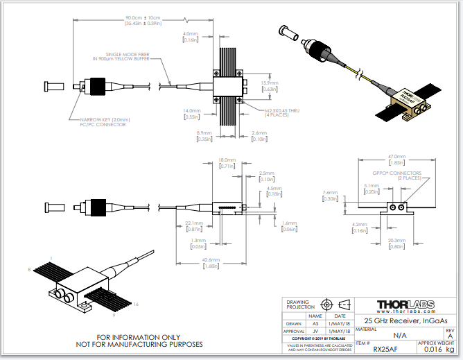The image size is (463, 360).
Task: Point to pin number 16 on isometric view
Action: coord(137,303)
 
